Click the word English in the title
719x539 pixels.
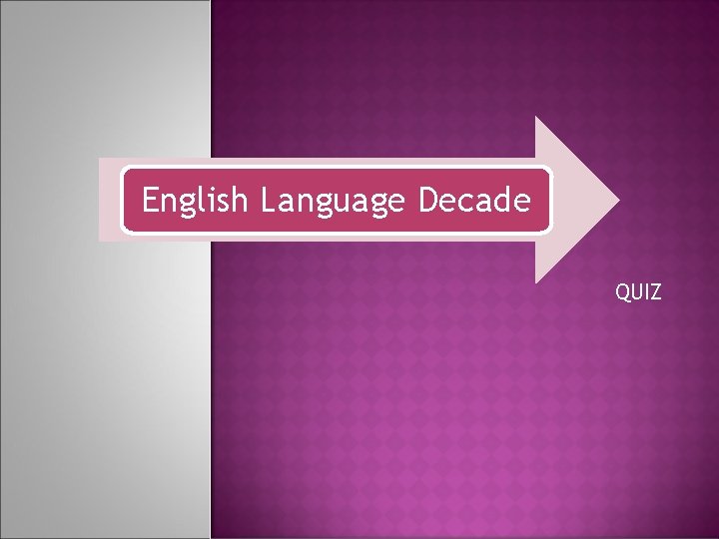(194, 202)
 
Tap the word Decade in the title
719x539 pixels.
(474, 202)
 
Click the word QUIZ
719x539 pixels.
(638, 292)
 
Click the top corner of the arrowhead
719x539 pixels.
(536, 118)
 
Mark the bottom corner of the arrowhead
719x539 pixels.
(536, 281)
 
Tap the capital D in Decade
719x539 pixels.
(427, 201)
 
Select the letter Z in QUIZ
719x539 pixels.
(654, 292)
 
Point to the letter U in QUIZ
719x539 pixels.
(636, 292)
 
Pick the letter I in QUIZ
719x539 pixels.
(645, 292)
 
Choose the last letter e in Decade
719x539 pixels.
(522, 203)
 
